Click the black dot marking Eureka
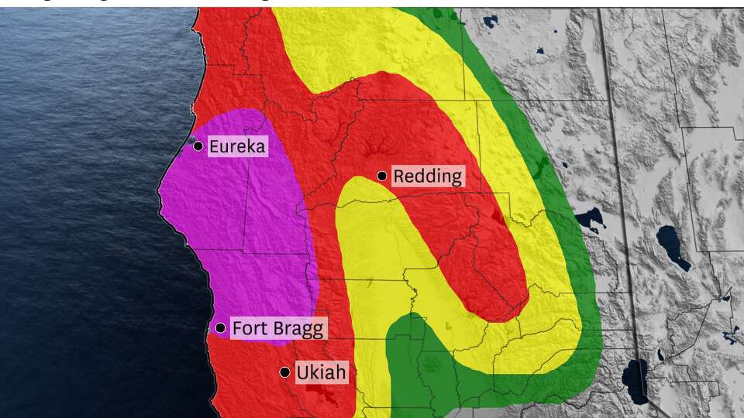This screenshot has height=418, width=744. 198,146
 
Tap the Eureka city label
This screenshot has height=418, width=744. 236,146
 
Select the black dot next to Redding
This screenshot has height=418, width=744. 382,176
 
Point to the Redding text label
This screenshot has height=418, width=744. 427,176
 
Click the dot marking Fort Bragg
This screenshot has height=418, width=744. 220,328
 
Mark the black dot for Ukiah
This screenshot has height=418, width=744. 285,372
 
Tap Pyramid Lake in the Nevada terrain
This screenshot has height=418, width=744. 673,247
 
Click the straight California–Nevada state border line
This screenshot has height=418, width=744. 612,155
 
